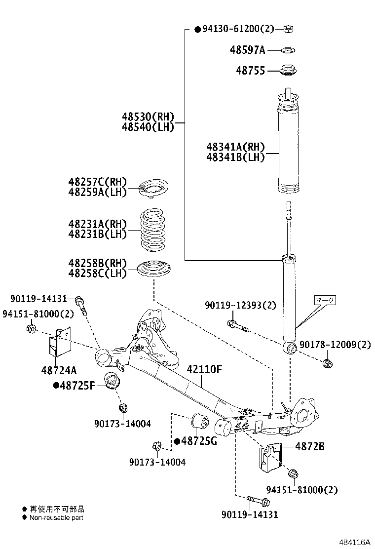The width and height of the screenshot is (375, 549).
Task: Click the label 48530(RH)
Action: pos(149,117)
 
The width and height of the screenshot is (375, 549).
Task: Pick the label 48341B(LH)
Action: pos(236,157)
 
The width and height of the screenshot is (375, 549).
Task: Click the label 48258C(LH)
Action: pos(98,273)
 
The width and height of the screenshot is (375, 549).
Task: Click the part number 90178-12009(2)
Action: pos(335,345)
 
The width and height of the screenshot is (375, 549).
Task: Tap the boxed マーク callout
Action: pos(325,300)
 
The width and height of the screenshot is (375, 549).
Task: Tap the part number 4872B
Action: pos(310,446)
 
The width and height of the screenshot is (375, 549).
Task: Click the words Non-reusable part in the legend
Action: pos(56,518)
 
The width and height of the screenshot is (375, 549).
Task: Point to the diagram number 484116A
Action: pos(353,542)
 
